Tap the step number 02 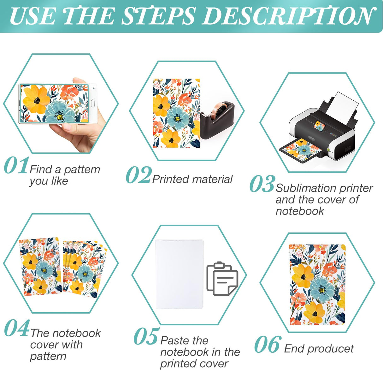click(x=138, y=175)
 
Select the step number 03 click(x=262, y=184)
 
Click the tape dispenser click(x=217, y=120)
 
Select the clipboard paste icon click(x=222, y=279)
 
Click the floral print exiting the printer click(x=302, y=150)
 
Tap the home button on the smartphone click(x=93, y=103)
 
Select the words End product click(x=319, y=349)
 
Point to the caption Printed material click(x=192, y=179)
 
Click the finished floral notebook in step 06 click(x=317, y=284)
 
